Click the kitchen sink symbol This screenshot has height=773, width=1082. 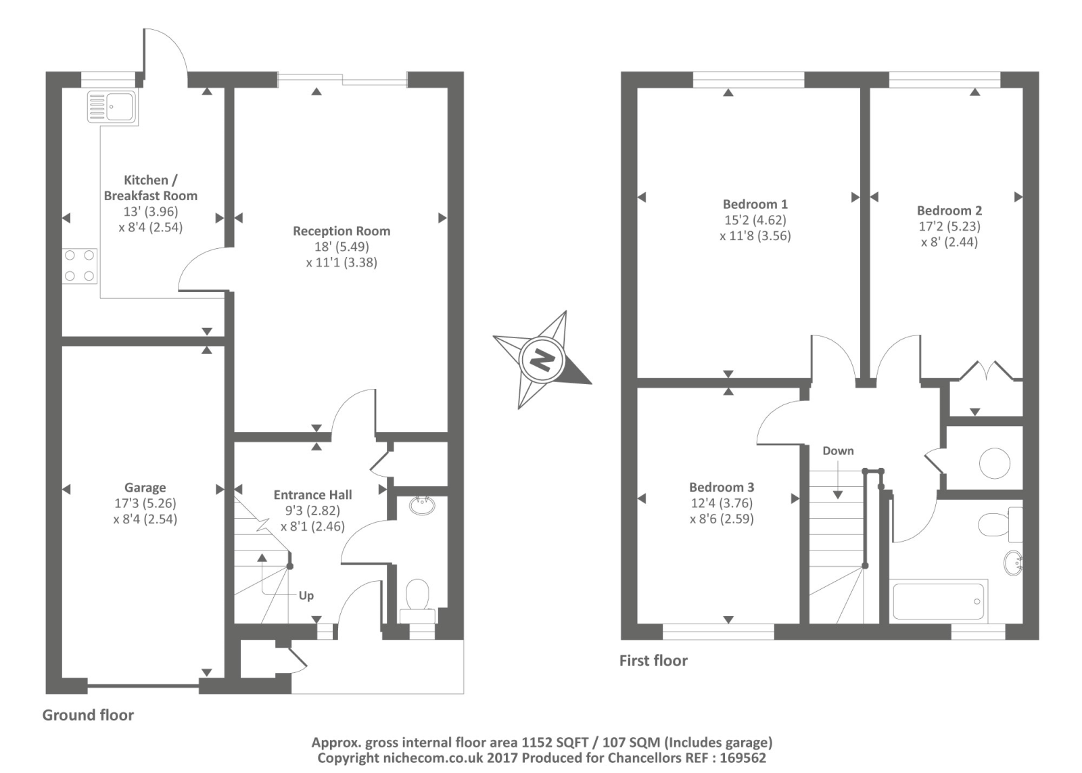click(112, 108)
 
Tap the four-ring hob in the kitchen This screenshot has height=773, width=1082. click(80, 266)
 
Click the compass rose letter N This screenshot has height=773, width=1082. click(542, 360)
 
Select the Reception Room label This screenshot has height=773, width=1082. click(341, 231)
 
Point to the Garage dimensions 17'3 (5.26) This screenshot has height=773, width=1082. click(145, 504)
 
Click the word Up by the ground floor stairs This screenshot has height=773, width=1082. click(306, 596)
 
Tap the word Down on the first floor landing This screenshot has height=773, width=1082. click(838, 451)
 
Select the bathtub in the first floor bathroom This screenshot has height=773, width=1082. click(938, 601)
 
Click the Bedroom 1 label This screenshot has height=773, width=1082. click(755, 204)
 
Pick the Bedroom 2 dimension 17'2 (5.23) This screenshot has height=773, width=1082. click(949, 227)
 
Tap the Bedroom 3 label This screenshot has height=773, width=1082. click(721, 488)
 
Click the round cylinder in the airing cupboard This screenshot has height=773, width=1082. click(994, 464)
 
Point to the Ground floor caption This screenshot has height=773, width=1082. click(88, 716)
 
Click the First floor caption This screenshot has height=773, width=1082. click(653, 661)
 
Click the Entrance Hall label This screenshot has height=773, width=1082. click(312, 495)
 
